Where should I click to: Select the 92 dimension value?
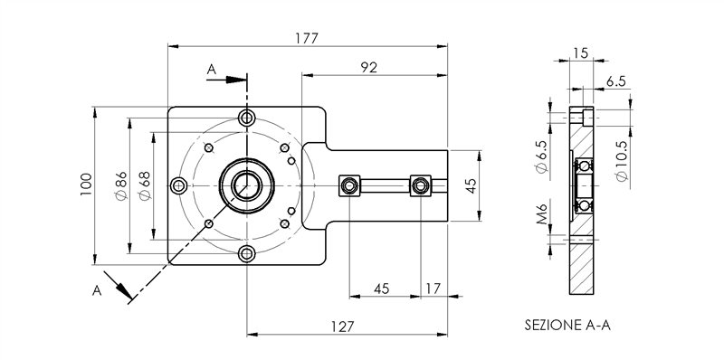point(368,67)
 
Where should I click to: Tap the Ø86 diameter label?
point(119,185)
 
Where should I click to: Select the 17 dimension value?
point(432,289)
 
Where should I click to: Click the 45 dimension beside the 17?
point(381,289)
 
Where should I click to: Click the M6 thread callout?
point(540,217)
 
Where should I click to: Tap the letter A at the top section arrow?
point(211,69)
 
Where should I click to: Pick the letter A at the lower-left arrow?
point(98,290)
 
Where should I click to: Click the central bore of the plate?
point(245,185)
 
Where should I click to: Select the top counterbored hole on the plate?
point(246,118)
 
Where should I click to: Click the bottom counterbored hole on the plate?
point(245,253)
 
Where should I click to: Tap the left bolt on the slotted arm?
point(348,185)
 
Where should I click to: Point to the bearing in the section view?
point(585,185)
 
